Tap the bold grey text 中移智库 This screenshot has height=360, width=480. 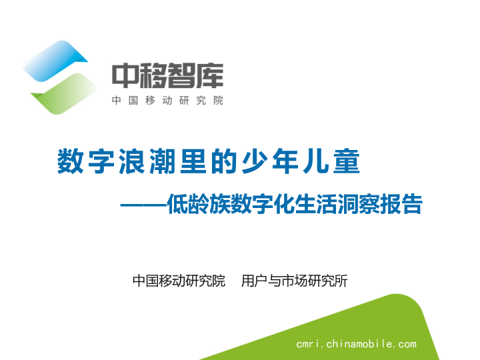pyautogui.click(x=167, y=76)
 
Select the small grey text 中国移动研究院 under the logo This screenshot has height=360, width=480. pyautogui.click(x=167, y=101)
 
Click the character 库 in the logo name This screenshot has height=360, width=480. pyautogui.click(x=209, y=76)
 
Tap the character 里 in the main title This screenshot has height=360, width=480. pyautogui.click(x=191, y=162)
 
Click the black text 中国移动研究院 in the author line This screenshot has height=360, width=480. pyautogui.click(x=179, y=281)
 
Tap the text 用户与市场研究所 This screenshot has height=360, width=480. pyautogui.click(x=294, y=281)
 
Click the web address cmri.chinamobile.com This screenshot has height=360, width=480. pyautogui.click(x=356, y=344)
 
